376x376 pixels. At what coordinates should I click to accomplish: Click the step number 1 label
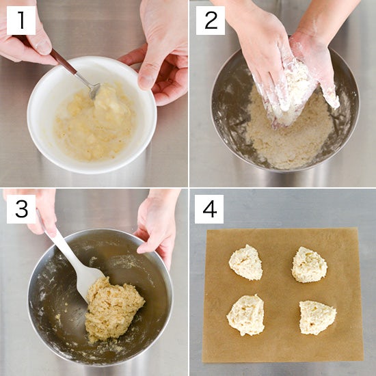click(21, 21)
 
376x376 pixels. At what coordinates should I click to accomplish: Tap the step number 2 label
click(211, 21)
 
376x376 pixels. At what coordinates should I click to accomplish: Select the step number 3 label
click(21, 209)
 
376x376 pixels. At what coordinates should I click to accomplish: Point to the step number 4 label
click(209, 209)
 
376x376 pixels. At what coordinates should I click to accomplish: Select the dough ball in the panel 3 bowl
click(113, 309)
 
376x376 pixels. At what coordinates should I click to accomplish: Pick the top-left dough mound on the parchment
click(246, 263)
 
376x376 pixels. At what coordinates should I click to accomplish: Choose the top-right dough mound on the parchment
click(309, 265)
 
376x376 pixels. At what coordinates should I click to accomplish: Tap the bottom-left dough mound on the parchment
click(245, 315)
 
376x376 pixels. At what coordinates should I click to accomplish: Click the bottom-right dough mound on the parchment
click(317, 317)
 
